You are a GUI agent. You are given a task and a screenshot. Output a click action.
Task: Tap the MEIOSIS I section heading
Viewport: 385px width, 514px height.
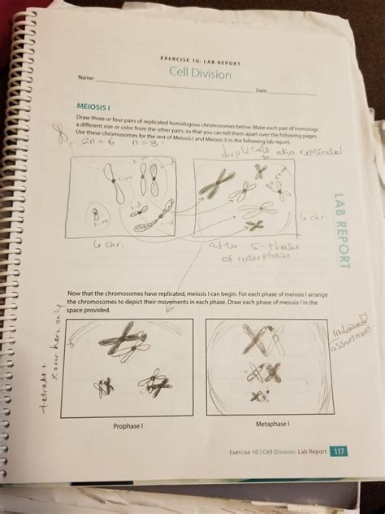pos(95,107)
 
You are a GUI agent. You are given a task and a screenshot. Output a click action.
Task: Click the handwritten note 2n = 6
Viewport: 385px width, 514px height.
pos(84,142)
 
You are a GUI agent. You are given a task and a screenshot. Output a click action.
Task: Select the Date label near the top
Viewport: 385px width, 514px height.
pos(261,90)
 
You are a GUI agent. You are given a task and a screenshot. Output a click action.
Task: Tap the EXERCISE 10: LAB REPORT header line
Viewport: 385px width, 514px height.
pos(197,60)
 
